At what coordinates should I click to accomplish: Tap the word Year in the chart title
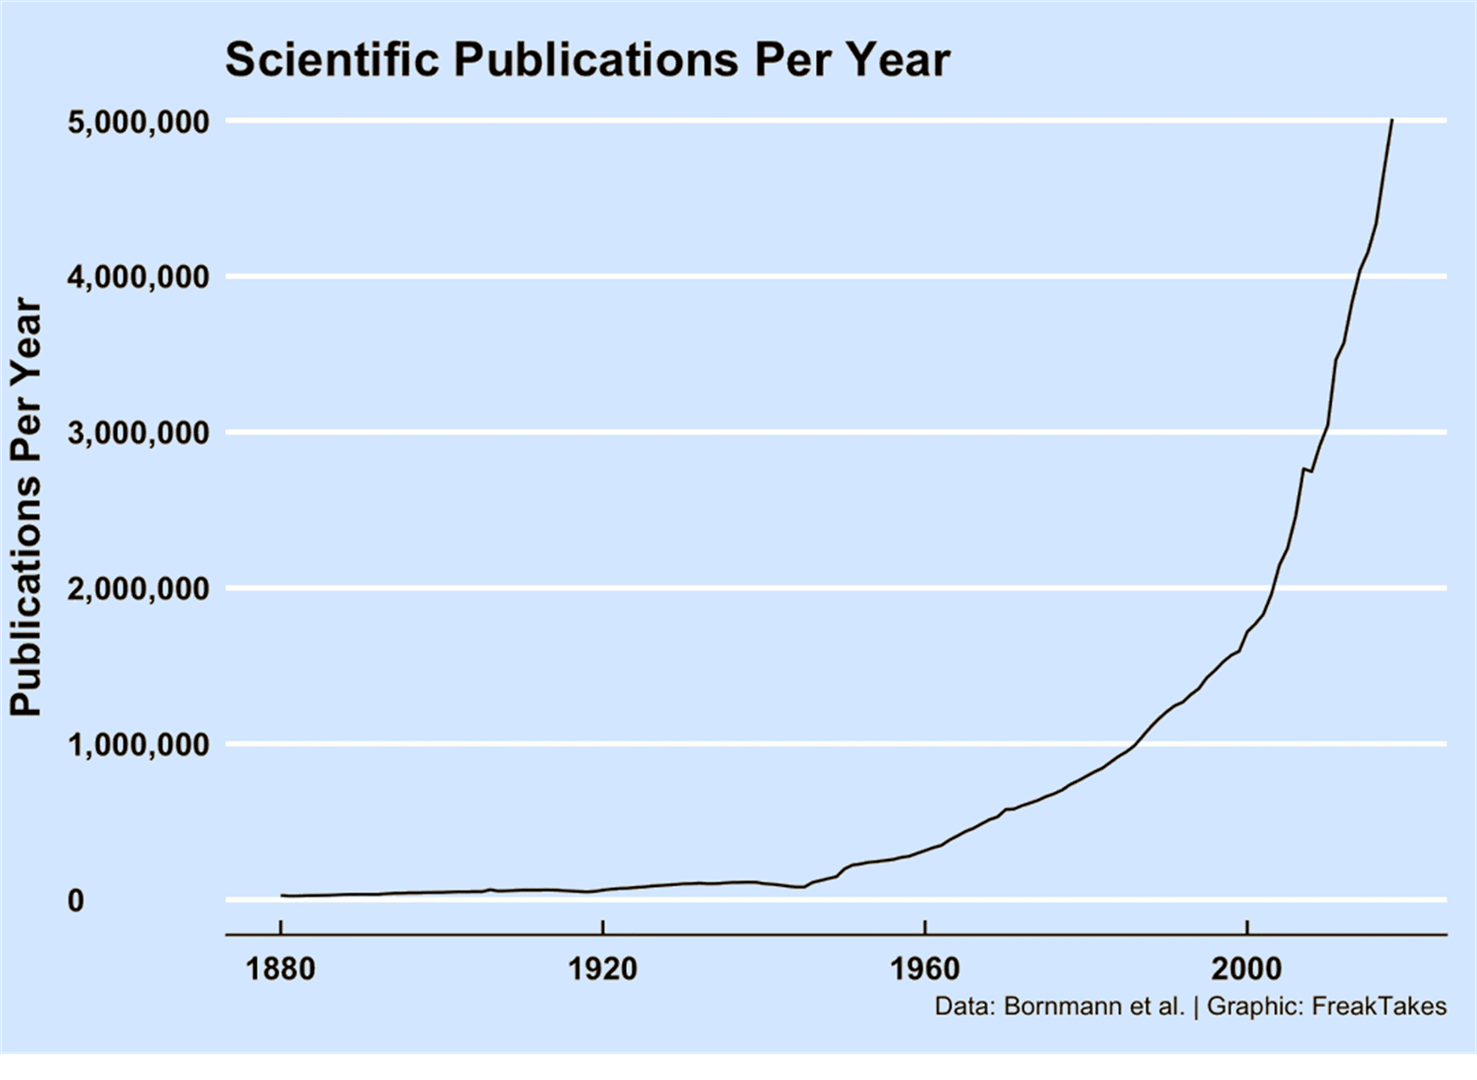[900, 60]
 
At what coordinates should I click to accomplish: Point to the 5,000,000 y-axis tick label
[139, 122]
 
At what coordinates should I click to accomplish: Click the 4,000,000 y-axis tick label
[139, 277]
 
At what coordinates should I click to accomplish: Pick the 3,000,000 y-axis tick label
[139, 433]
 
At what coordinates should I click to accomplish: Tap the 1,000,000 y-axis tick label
[139, 745]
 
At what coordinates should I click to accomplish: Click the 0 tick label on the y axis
[75, 900]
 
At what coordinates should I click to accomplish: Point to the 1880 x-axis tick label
[280, 968]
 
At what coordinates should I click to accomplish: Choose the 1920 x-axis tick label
[603, 968]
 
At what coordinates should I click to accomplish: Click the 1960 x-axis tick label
[925, 968]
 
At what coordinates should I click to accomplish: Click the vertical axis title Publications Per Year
[26, 508]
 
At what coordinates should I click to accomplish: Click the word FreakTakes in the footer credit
[1379, 1007]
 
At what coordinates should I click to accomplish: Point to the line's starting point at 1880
[281, 895]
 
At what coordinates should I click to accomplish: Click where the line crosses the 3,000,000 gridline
[1326, 432]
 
